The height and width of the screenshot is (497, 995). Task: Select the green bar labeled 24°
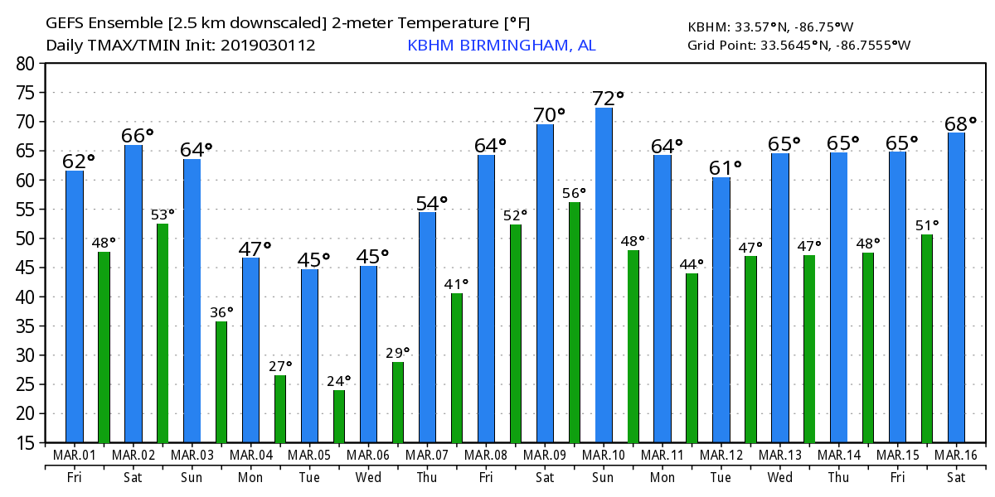(339, 416)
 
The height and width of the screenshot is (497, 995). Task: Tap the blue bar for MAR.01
(75, 306)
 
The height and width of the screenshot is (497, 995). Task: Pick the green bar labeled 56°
(575, 322)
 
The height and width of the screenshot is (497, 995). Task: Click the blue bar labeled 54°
(427, 327)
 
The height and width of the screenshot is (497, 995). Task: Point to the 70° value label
(548, 114)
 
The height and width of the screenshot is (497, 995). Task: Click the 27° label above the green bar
(280, 365)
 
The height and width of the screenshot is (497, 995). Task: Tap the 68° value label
(961, 123)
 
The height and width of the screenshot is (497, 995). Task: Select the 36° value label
(221, 311)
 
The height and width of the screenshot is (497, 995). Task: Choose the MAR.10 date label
(604, 456)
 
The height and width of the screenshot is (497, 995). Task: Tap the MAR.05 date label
(309, 456)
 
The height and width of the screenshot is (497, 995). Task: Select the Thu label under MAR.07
(427, 478)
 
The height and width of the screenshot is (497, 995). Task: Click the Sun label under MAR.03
(192, 478)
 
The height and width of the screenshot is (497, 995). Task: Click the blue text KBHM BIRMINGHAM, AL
(502, 46)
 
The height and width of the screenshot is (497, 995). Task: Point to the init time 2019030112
(268, 46)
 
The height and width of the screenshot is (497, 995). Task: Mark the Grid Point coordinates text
(798, 45)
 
